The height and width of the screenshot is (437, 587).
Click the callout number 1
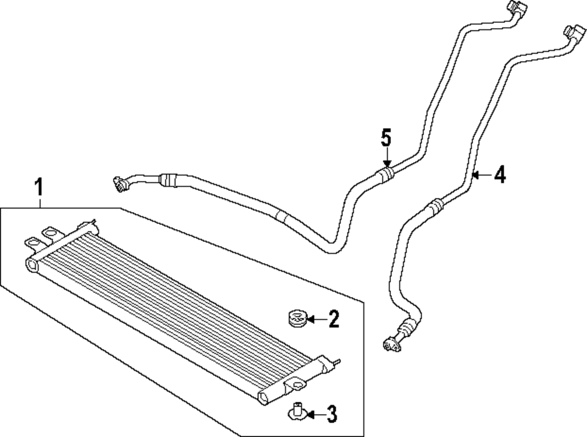pyautogui.click(x=39, y=189)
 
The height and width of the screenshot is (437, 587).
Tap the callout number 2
pyautogui.click(x=333, y=320)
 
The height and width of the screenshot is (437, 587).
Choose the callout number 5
pyautogui.click(x=386, y=139)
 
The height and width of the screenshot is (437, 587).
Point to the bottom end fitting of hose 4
pyautogui.click(x=391, y=345)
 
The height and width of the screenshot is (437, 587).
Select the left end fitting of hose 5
pyautogui.click(x=120, y=183)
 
